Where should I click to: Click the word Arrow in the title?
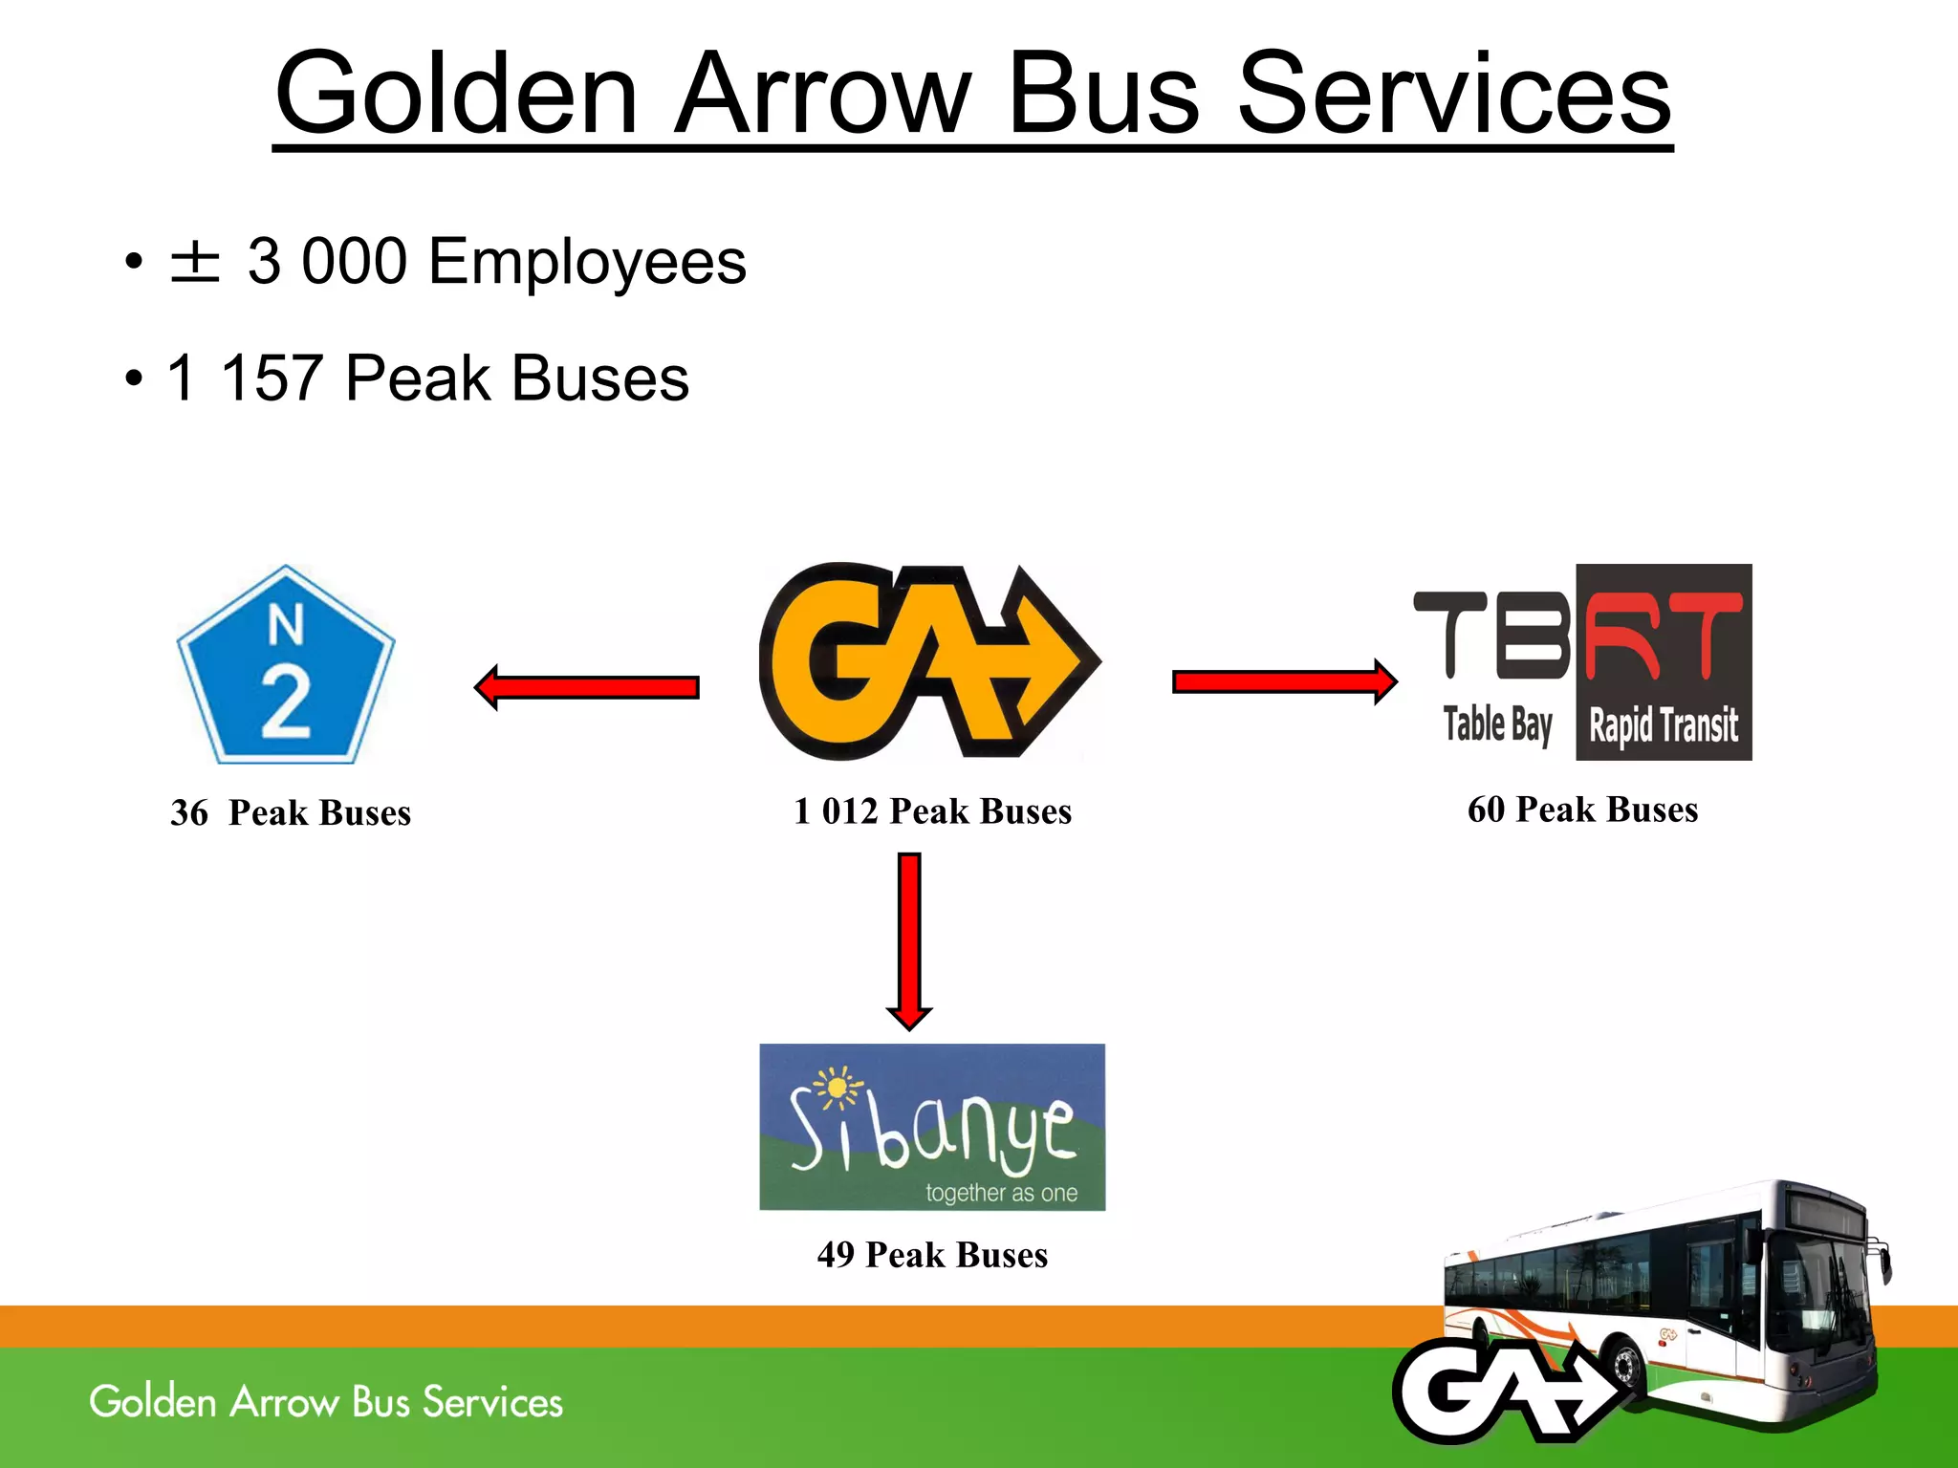tap(822, 96)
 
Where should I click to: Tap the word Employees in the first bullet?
tap(587, 262)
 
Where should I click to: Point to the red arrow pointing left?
tap(587, 687)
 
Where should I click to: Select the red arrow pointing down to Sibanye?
tap(909, 941)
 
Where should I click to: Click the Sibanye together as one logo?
tap(932, 1128)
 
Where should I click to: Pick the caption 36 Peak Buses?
tap(291, 813)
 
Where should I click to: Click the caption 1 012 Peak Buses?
tap(932, 811)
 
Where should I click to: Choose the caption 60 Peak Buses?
tap(1582, 810)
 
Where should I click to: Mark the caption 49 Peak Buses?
tap(932, 1255)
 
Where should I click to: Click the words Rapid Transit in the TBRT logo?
tap(1663, 725)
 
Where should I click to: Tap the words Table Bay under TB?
tap(1497, 724)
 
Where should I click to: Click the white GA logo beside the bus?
tap(1506, 1391)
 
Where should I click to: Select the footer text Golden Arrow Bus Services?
tap(326, 1402)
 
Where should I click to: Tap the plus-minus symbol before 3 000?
tap(195, 262)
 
